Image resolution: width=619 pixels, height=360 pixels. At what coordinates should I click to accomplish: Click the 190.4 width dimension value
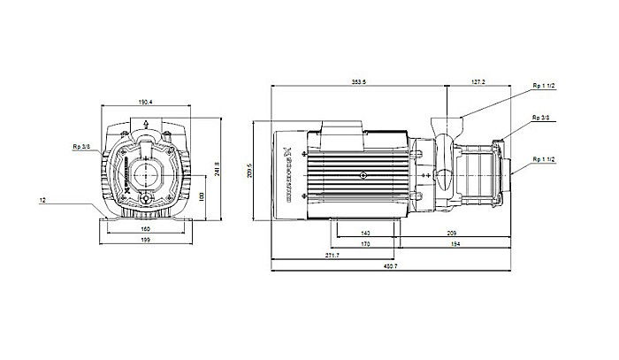(x=145, y=102)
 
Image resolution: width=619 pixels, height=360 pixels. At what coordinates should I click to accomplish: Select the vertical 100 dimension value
(x=201, y=195)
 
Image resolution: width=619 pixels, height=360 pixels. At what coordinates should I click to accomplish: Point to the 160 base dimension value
(x=145, y=228)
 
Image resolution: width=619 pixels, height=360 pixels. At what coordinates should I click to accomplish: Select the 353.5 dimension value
(x=358, y=82)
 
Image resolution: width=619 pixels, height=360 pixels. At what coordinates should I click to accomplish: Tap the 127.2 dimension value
(x=478, y=82)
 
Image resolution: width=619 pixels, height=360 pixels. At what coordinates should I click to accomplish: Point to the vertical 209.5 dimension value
(x=252, y=171)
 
